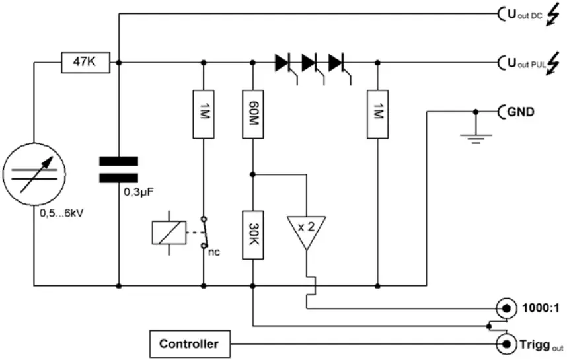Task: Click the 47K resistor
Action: pos(85,63)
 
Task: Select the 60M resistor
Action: pos(253,113)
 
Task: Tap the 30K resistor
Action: pos(253,235)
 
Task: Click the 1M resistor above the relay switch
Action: pos(203,113)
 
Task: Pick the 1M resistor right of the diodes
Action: pos(377,113)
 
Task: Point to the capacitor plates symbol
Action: pos(118,169)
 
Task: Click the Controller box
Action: pos(188,344)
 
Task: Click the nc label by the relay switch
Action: pos(213,252)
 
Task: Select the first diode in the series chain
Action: pos(283,63)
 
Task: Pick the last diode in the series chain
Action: pos(337,63)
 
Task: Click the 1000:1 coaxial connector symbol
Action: pos(506,308)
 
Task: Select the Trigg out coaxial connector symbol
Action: pos(506,343)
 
